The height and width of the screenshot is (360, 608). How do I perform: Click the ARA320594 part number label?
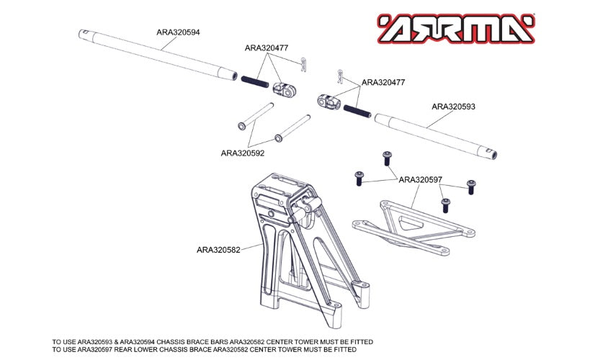pyautogui.click(x=178, y=32)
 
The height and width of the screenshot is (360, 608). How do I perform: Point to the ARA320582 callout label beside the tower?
pyautogui.click(x=218, y=251)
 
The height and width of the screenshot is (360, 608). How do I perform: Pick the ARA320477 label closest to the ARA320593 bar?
pyautogui.click(x=383, y=83)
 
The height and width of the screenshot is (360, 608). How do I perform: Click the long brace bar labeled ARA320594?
pyautogui.click(x=158, y=54)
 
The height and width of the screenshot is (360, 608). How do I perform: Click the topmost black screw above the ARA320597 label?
pyautogui.click(x=387, y=156)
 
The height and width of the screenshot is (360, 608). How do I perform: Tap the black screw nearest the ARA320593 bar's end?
pyautogui.click(x=471, y=186)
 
